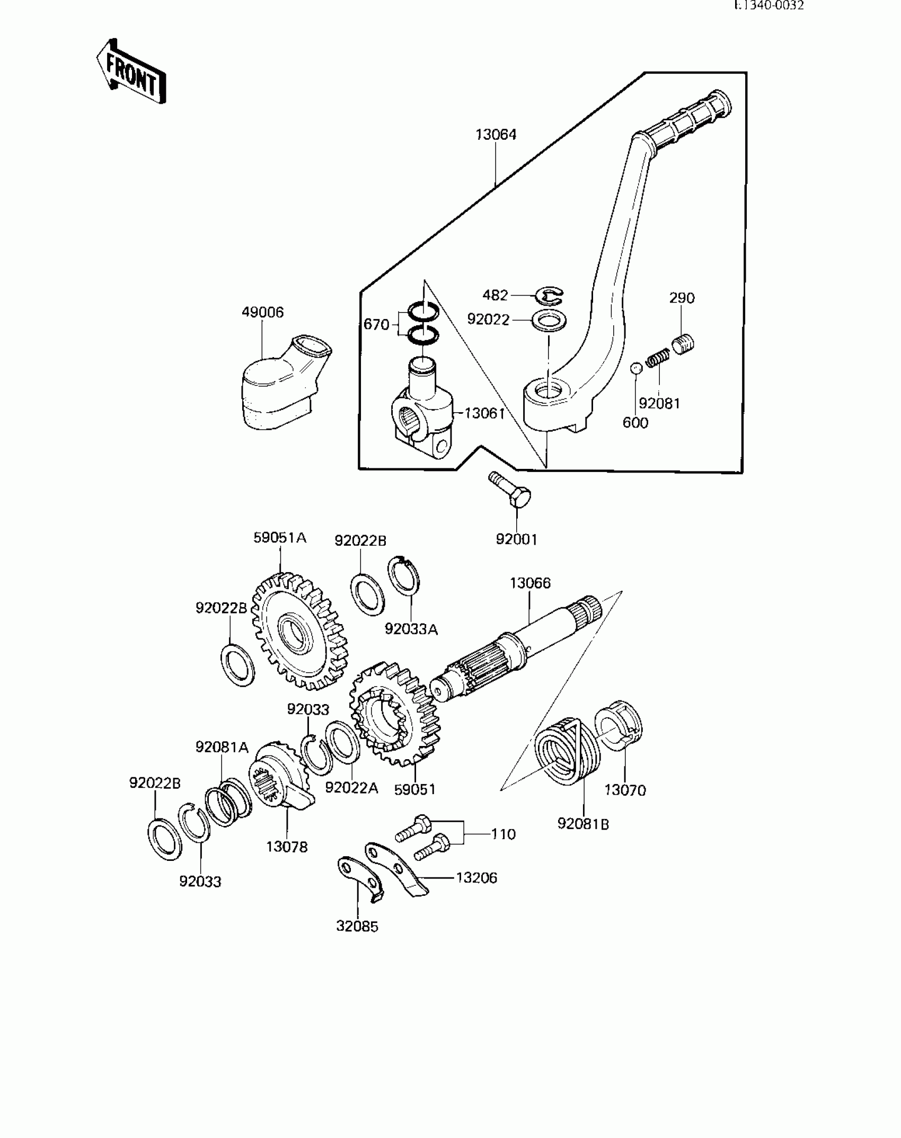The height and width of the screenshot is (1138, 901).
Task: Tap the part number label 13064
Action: [496, 135]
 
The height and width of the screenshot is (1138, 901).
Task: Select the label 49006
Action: [262, 312]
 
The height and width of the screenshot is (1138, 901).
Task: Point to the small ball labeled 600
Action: [637, 368]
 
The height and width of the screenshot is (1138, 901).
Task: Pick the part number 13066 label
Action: [530, 583]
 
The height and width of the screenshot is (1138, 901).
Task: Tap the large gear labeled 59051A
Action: [299, 630]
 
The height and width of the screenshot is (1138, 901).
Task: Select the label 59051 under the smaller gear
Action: [415, 804]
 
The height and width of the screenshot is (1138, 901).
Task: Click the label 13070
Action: [625, 805]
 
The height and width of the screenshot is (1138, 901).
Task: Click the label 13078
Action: [287, 847]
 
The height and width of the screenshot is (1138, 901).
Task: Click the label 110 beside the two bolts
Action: [503, 834]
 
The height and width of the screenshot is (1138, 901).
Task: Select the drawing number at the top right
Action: [768, 6]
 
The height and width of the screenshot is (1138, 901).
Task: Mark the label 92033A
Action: [411, 629]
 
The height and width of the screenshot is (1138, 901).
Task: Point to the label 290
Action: [682, 298]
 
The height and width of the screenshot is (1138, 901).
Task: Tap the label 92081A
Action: [222, 747]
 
